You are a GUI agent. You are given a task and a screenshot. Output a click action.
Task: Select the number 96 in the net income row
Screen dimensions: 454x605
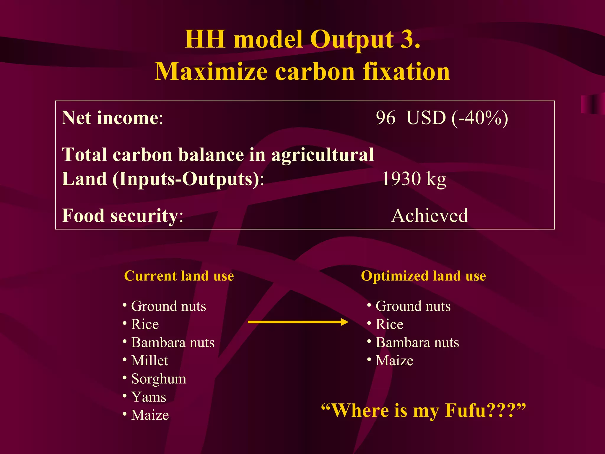click(386, 118)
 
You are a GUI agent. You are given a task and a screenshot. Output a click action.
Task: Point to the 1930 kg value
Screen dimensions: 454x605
click(414, 179)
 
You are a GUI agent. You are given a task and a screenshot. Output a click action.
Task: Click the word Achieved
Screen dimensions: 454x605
click(430, 215)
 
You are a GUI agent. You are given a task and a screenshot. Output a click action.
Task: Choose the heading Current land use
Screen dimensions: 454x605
click(179, 276)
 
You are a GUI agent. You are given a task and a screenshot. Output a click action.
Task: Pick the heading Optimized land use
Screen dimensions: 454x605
click(423, 276)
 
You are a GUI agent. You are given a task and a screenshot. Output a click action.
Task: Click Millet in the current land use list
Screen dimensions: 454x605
click(149, 361)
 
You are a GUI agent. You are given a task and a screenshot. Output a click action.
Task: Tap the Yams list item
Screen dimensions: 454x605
click(149, 397)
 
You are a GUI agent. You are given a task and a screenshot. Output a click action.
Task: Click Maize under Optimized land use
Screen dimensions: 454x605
click(394, 361)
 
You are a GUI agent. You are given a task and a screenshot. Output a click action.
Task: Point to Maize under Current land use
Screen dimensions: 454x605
click(150, 415)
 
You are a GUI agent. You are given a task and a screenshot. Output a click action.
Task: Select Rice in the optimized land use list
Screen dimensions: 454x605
click(389, 324)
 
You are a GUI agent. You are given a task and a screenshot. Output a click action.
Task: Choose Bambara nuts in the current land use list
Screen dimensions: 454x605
click(173, 343)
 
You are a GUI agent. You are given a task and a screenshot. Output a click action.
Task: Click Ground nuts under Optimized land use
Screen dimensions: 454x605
click(413, 306)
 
